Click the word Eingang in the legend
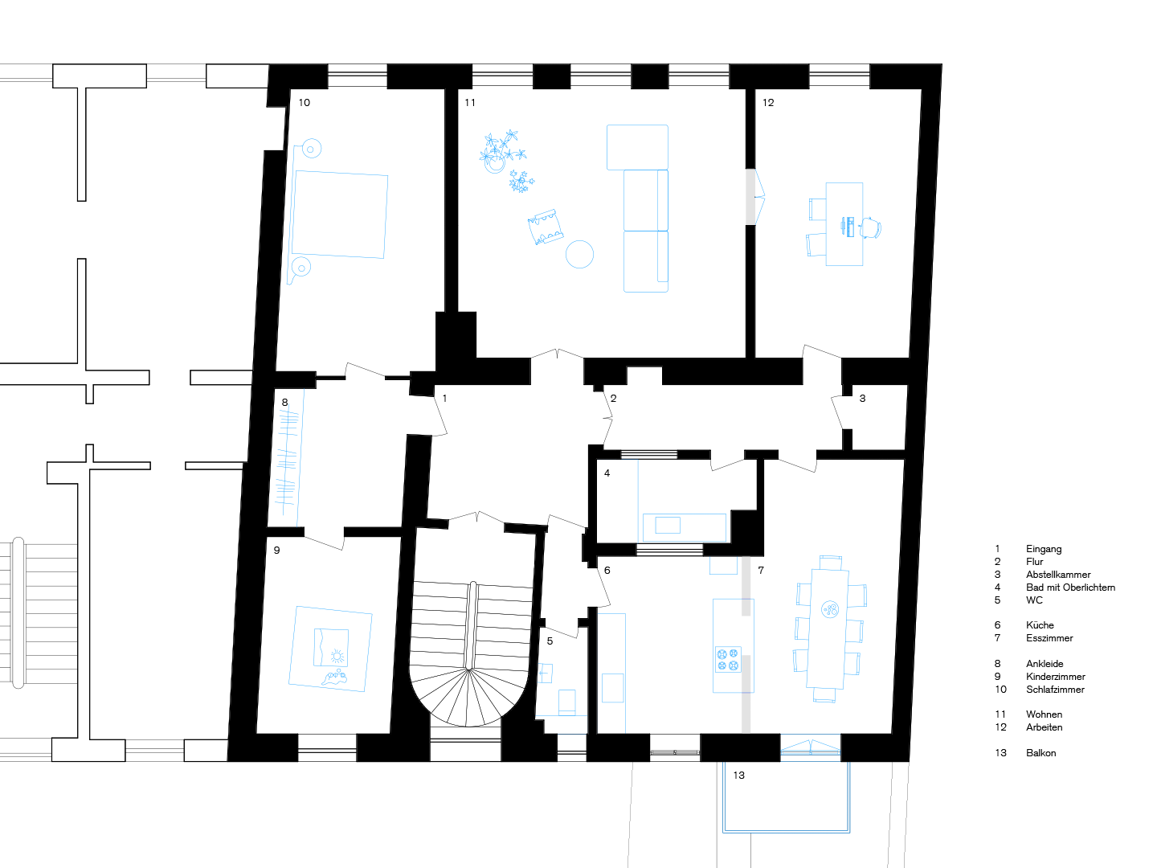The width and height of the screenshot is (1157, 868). (1043, 549)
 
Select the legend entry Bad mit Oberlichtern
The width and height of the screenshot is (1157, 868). (1070, 587)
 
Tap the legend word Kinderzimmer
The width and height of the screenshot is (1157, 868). (1055, 676)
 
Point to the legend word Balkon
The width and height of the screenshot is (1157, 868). (1040, 752)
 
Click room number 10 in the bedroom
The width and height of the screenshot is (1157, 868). (305, 102)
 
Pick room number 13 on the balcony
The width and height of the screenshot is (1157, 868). (738, 775)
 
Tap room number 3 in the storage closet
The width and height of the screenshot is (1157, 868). (862, 398)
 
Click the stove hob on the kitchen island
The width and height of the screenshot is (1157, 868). (728, 659)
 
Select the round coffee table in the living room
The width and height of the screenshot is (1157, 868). (579, 254)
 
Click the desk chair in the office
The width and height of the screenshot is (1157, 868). (870, 227)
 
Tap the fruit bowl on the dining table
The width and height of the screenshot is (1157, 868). (830, 610)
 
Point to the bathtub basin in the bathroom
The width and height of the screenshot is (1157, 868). (668, 525)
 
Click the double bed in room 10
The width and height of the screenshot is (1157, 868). (339, 214)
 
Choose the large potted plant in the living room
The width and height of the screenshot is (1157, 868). (501, 151)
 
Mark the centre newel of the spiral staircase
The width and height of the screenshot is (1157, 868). (468, 669)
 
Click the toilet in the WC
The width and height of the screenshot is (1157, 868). (566, 702)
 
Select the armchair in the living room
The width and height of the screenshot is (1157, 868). (546, 227)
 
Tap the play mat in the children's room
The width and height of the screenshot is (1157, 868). (330, 649)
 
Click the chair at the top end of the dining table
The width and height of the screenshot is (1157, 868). (830, 563)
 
